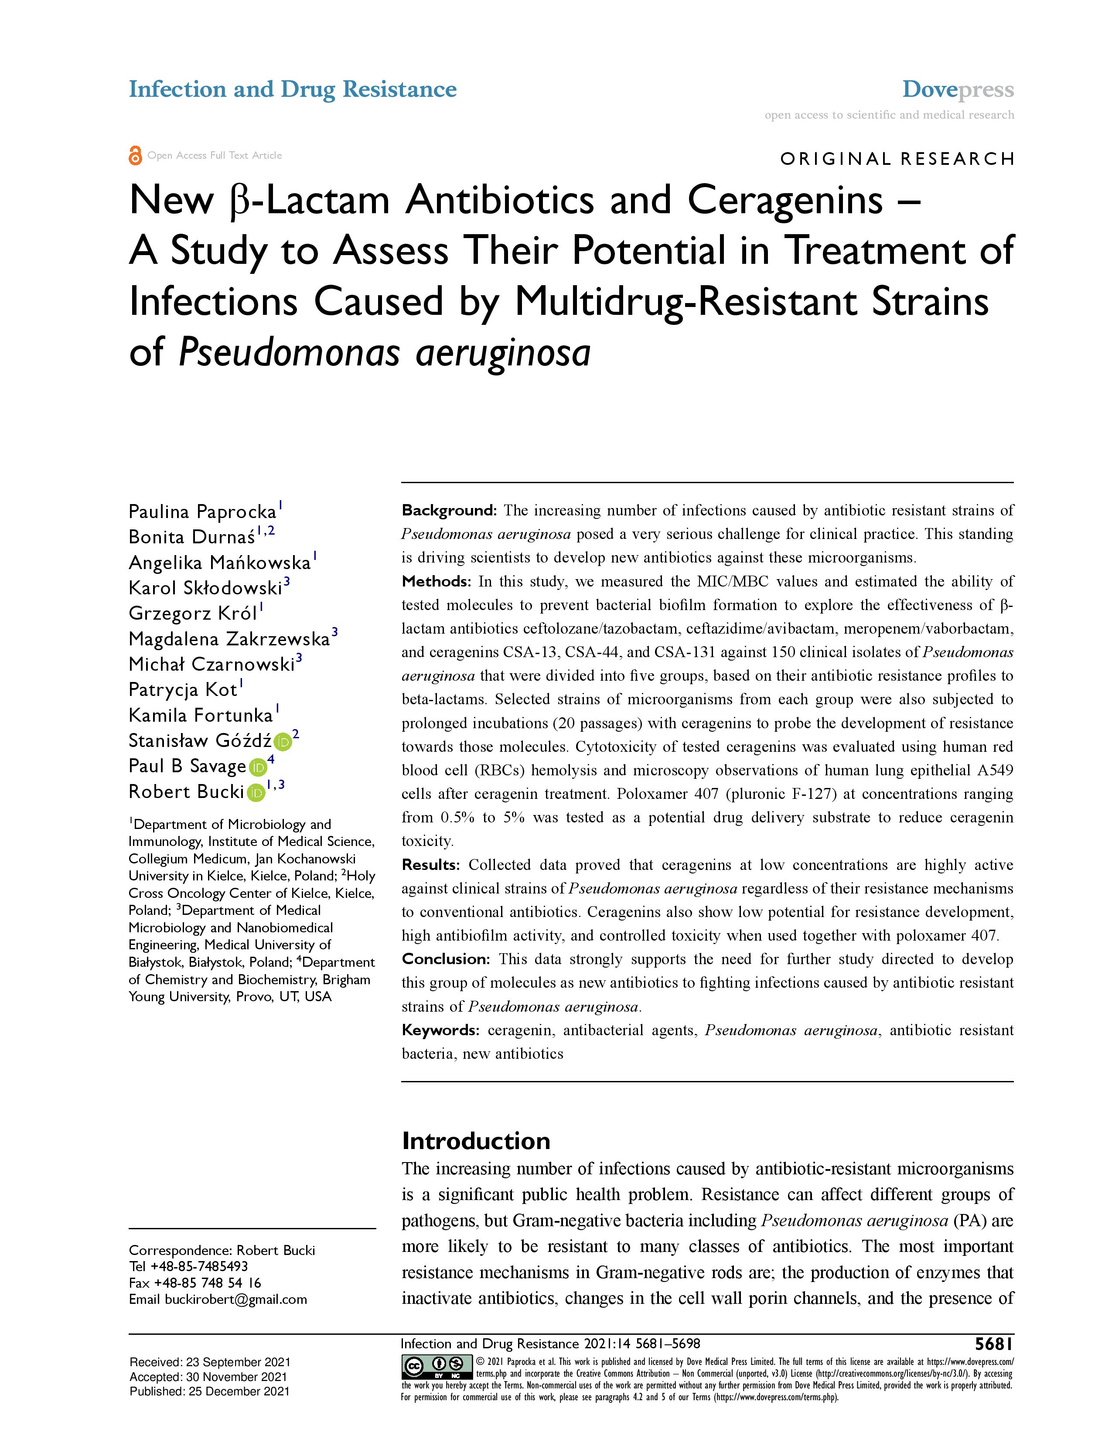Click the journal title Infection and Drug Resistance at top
[x=293, y=89]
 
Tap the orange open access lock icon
[x=135, y=156]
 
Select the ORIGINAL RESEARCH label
[x=897, y=159]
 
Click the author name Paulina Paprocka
[x=202, y=512]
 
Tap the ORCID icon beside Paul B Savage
[x=257, y=767]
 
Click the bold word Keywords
[x=440, y=1030]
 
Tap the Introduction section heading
[x=476, y=1141]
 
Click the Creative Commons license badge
[x=436, y=1367]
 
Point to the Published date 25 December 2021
[x=209, y=1391]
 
